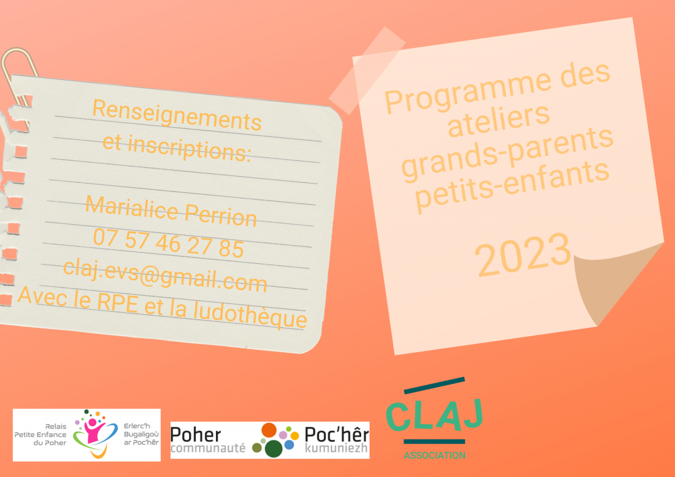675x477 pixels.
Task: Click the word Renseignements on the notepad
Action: point(177,115)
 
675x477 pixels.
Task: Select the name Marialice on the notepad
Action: point(132,208)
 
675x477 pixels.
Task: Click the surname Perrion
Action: point(220,215)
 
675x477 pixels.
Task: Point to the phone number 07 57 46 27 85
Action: point(168,243)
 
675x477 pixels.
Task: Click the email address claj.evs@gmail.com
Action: point(165,275)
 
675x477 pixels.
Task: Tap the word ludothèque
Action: point(250,314)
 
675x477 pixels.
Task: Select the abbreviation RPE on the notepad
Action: point(118,302)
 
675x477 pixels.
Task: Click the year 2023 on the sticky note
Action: point(523,255)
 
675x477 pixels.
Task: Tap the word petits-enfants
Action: point(512,187)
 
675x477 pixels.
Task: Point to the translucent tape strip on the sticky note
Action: point(367,70)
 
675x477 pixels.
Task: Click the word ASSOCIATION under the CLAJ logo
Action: point(434,455)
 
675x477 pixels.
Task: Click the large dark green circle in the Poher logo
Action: point(273,449)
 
